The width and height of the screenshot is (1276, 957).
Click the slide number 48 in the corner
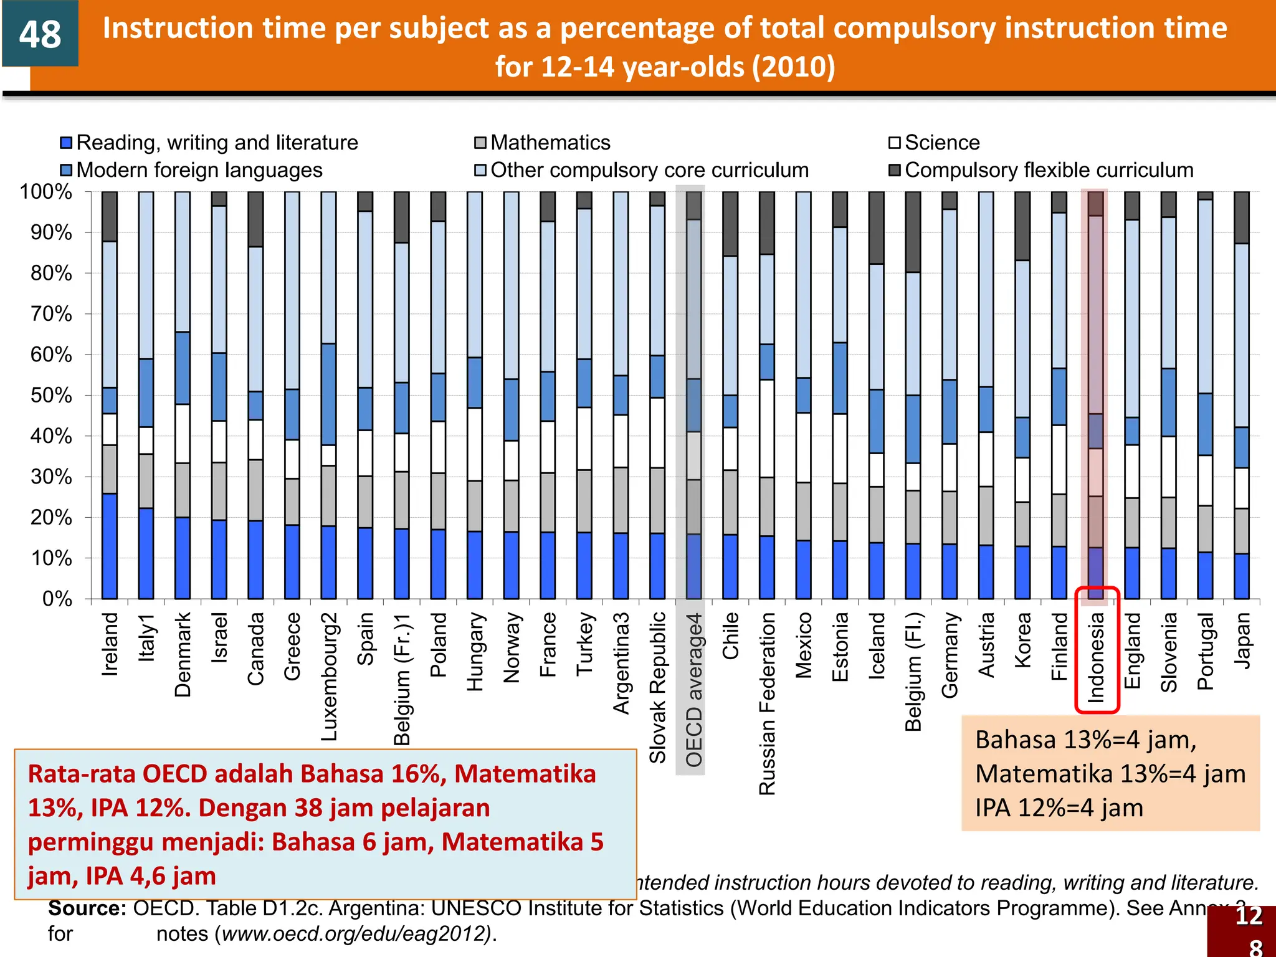(40, 34)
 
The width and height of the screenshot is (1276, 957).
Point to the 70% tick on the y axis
(51, 314)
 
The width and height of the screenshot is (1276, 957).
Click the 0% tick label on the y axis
(57, 599)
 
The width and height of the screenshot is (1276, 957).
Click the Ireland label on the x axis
(110, 644)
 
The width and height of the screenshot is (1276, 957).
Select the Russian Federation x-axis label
(767, 704)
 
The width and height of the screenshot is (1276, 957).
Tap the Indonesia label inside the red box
(1097, 657)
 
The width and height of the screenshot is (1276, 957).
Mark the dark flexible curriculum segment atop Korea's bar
(1022, 226)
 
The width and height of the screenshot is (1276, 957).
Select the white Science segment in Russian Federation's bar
(767, 429)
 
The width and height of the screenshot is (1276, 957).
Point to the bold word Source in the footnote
(87, 908)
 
